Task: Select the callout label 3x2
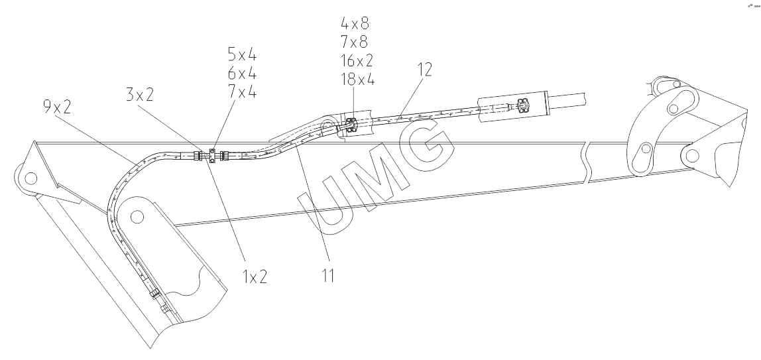coord(141,95)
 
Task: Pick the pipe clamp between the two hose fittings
coord(211,155)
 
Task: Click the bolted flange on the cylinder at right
coord(522,105)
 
